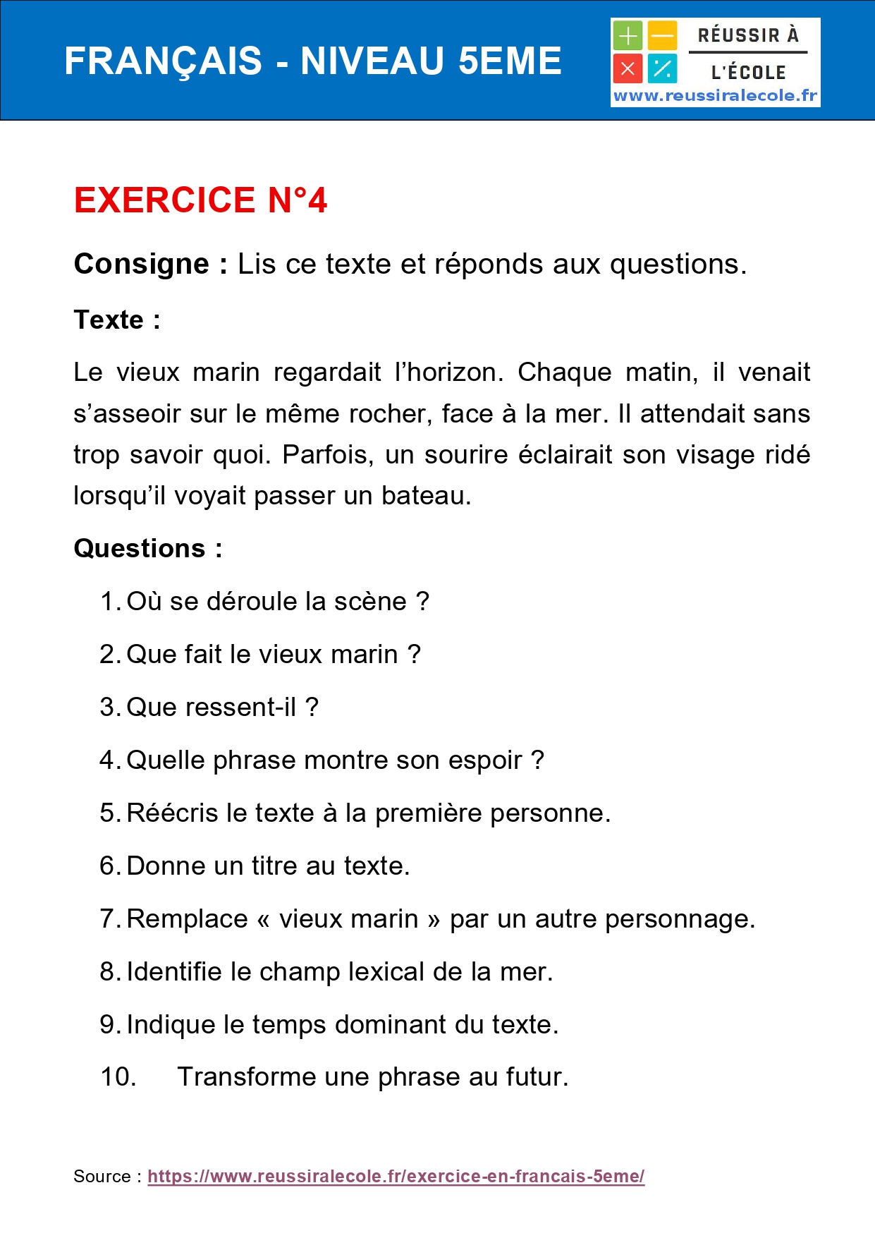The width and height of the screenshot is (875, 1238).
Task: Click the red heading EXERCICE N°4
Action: (x=200, y=200)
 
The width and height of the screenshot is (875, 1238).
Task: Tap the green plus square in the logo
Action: (x=627, y=35)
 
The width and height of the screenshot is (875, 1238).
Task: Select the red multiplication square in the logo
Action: (x=627, y=69)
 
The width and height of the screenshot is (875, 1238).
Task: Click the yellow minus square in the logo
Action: (x=662, y=35)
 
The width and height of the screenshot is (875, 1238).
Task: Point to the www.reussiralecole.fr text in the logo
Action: (x=715, y=96)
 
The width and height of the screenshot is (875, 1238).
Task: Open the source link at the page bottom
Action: (x=396, y=1176)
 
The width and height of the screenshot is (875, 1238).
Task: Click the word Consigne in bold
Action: (x=142, y=264)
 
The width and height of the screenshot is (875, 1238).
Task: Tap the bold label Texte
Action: (x=109, y=320)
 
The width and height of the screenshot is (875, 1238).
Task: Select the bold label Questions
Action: (x=140, y=548)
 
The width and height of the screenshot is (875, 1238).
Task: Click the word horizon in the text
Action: (x=452, y=372)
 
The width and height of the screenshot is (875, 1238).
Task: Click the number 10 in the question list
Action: (x=117, y=1076)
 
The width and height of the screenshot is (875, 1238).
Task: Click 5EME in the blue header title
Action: (x=509, y=61)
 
